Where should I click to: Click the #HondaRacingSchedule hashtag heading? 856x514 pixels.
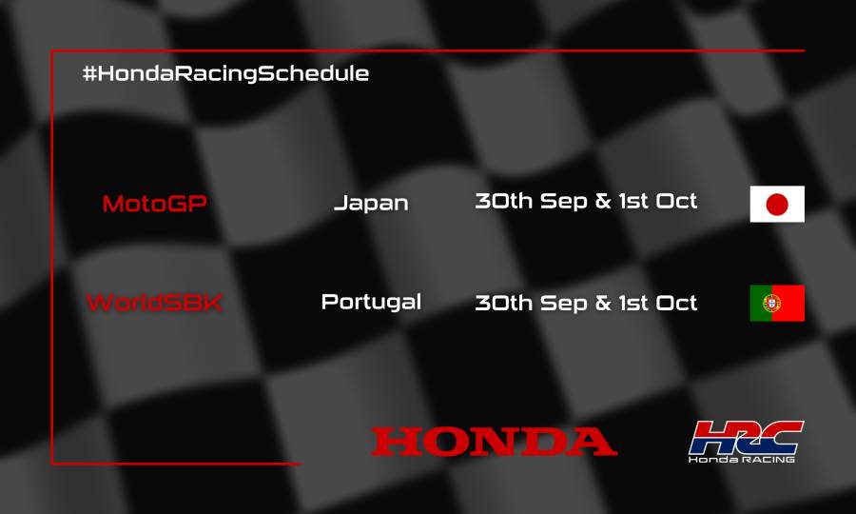tap(225, 73)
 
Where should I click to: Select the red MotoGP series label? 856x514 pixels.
tap(154, 204)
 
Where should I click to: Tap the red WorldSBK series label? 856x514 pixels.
tap(154, 303)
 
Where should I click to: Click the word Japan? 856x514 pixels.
tap(371, 204)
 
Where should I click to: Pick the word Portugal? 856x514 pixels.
tap(371, 302)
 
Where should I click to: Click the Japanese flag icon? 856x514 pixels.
tap(777, 204)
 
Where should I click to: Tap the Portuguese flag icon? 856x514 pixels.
tap(777, 303)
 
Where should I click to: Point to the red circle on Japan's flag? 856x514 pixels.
tap(777, 204)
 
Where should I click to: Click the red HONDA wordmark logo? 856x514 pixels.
tap(494, 442)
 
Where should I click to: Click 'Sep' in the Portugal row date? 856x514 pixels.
tap(563, 304)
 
